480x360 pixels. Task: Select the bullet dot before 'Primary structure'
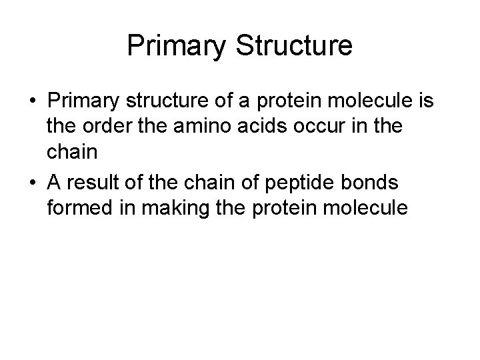[x=33, y=101]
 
